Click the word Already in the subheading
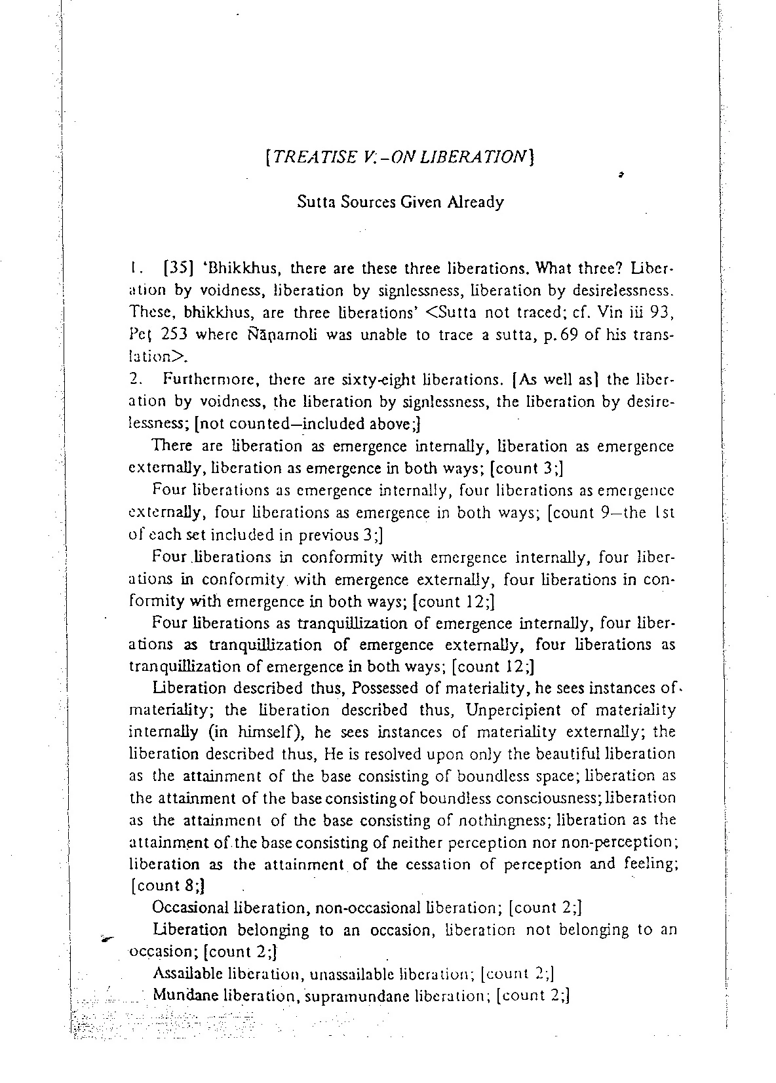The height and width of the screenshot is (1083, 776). click(476, 202)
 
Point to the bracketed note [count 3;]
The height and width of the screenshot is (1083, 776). click(527, 468)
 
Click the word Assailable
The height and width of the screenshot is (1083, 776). click(187, 974)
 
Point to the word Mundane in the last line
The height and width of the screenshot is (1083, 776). click(186, 997)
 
